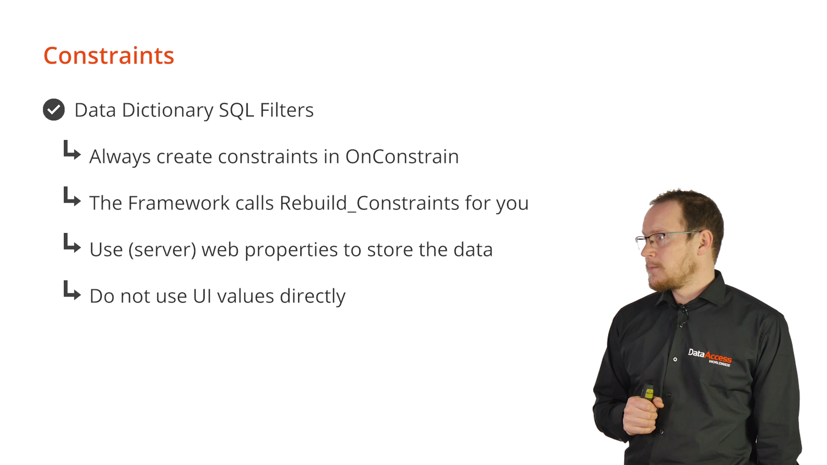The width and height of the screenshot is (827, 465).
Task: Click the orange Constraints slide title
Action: tap(109, 56)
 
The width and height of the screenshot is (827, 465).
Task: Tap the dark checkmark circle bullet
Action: tap(54, 110)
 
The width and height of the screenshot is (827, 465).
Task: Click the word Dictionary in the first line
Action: tap(168, 111)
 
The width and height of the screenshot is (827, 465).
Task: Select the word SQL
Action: tap(236, 111)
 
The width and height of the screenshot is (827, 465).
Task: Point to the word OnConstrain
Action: tap(402, 157)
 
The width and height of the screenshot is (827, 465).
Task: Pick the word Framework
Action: tap(179, 203)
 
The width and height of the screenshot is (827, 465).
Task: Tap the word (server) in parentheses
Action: tap(162, 250)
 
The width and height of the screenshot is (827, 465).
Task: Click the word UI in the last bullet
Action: tap(202, 296)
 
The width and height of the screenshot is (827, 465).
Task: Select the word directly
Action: tap(313, 297)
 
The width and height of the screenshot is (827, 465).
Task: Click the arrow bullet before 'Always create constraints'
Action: tap(72, 150)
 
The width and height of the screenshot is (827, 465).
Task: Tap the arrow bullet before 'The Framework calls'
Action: tap(72, 197)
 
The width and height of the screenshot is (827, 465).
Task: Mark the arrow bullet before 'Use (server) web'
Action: tap(72, 243)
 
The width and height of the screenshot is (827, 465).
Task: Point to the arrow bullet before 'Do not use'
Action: tap(72, 291)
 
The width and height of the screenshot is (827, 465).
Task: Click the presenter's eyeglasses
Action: tap(665, 238)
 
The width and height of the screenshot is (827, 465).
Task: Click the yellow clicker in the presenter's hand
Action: tap(648, 392)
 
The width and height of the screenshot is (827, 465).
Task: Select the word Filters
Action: tap(287, 110)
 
